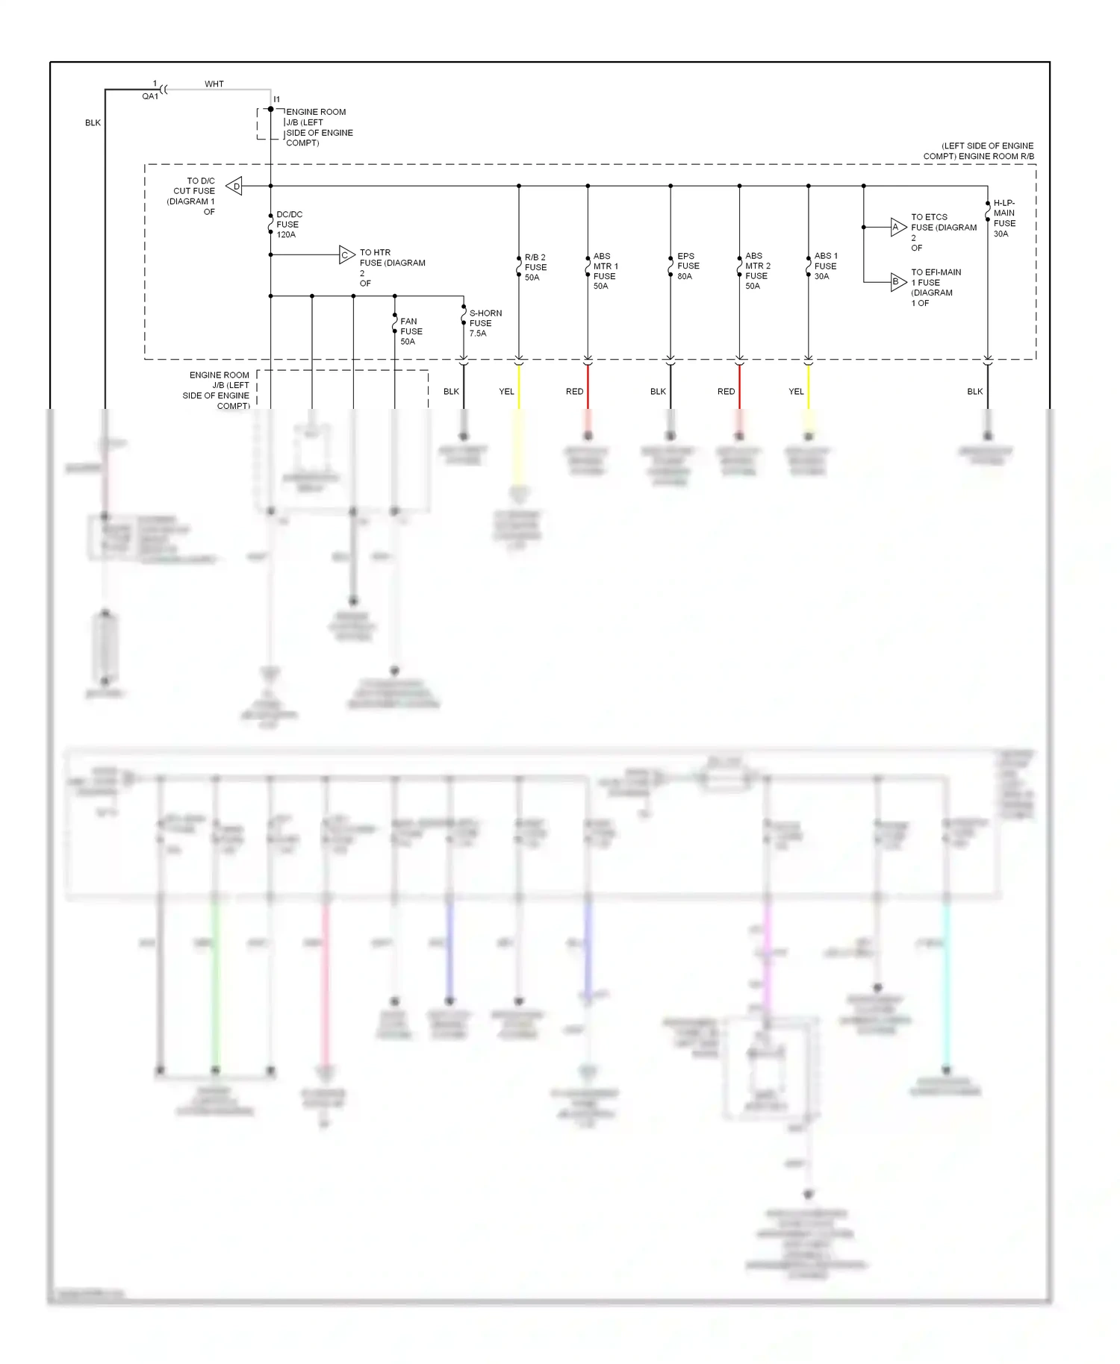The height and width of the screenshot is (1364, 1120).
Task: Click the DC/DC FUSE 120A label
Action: [288, 225]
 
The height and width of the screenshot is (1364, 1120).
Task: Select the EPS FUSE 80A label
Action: [688, 266]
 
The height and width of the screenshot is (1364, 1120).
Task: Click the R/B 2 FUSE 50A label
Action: [535, 267]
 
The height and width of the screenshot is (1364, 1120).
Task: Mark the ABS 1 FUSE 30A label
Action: [825, 266]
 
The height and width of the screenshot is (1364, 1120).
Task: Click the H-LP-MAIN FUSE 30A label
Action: [1004, 218]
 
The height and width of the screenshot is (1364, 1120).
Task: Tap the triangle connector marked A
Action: [897, 228]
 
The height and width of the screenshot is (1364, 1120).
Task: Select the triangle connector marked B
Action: [897, 282]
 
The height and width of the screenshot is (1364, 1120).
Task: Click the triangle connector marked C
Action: [346, 255]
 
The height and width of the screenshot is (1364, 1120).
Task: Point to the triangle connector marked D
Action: [235, 186]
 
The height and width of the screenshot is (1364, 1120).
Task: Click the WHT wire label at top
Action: [214, 84]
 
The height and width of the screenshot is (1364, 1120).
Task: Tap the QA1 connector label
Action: [150, 96]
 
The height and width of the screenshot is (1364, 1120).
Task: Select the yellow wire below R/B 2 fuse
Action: [519, 388]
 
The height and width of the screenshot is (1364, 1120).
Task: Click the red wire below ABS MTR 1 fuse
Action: [588, 388]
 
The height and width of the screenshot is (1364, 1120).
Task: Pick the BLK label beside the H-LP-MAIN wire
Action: [974, 392]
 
